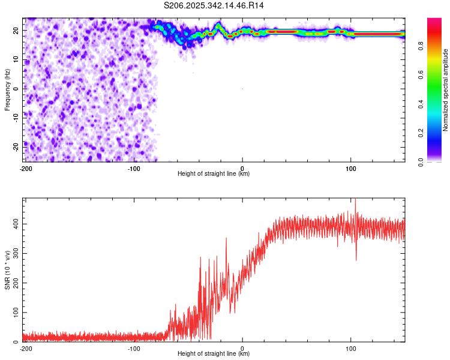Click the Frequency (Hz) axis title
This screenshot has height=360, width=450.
[8, 88]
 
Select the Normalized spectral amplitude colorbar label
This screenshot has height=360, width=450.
[446, 90]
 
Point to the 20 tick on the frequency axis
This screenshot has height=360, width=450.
[16, 31]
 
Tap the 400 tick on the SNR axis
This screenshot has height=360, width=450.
[14, 224]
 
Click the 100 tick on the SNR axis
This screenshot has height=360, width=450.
[14, 313]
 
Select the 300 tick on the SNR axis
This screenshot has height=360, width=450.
[14, 254]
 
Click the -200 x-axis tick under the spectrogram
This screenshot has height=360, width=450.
[25, 169]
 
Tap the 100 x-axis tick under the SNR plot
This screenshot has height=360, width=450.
[351, 349]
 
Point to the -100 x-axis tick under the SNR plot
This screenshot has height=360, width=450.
[134, 349]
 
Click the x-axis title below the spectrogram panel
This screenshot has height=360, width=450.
[214, 174]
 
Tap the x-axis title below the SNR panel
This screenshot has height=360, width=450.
[214, 354]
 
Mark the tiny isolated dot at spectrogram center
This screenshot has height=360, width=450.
[242, 89]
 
